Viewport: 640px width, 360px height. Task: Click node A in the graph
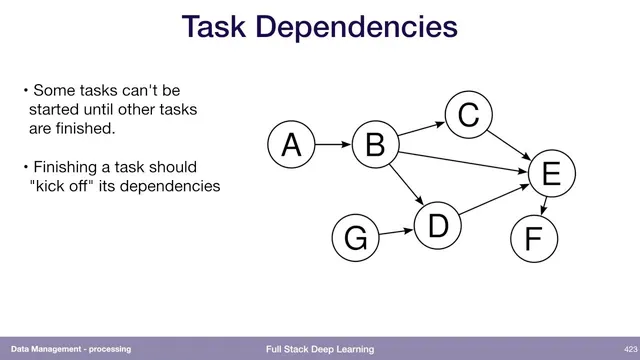pyautogui.click(x=290, y=146)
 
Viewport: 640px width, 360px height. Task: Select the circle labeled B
pyautogui.click(x=375, y=146)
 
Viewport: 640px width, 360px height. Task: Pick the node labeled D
pyautogui.click(x=437, y=225)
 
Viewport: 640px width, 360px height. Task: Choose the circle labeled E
pyautogui.click(x=550, y=176)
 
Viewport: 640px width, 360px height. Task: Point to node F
pyautogui.click(x=532, y=240)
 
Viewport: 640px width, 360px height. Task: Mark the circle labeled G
pyautogui.click(x=355, y=240)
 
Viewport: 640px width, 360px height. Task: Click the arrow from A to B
pyautogui.click(x=332, y=146)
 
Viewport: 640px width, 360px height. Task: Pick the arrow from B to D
pyautogui.click(x=408, y=186)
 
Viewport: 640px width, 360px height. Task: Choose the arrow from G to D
pyautogui.click(x=396, y=233)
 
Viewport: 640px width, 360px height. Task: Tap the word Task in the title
pyautogui.click(x=216, y=27)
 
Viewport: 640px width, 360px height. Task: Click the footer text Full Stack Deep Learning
pyautogui.click(x=320, y=349)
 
